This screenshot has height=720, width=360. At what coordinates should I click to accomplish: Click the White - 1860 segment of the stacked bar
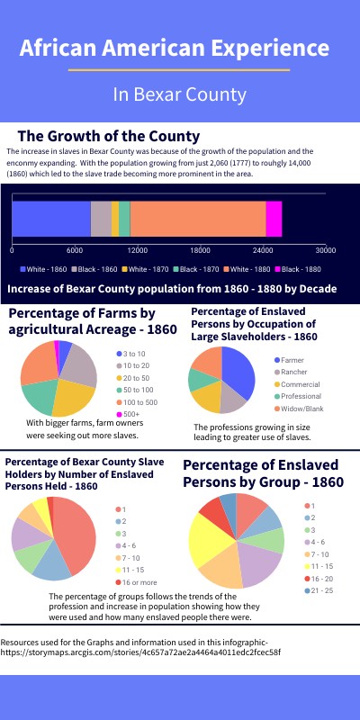coord(51,220)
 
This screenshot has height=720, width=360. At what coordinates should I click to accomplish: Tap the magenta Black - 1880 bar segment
coord(274,220)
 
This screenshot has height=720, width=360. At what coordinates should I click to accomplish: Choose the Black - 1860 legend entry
coord(95,269)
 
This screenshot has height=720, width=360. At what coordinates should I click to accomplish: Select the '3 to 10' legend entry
coord(136,355)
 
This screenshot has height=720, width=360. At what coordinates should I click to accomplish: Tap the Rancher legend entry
coord(293,371)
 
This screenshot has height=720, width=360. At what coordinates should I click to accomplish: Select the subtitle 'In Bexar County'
coord(179,94)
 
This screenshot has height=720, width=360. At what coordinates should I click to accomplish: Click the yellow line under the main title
coord(179,69)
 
